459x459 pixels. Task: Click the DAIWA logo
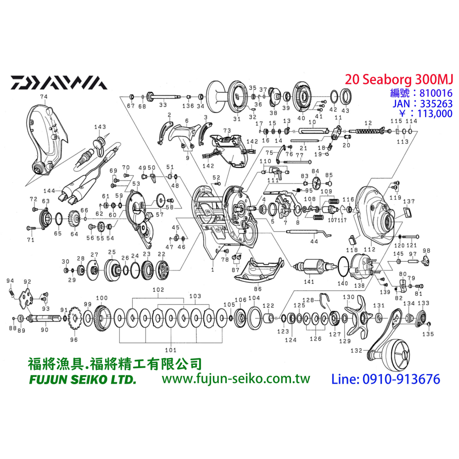point(59,82)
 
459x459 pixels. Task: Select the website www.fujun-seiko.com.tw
point(236,379)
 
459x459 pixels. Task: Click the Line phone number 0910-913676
point(386,379)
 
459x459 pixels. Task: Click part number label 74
point(44,97)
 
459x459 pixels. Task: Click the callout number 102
point(158,290)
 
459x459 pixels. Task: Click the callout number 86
point(257,290)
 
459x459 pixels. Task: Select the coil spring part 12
point(367,132)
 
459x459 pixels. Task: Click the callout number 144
point(49,190)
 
